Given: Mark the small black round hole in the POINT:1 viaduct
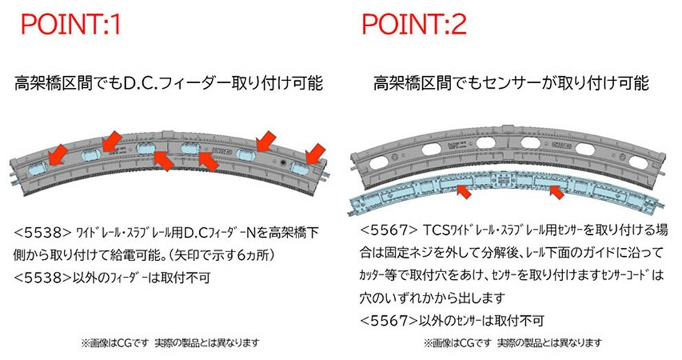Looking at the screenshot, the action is pyautogui.click(x=283, y=162).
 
